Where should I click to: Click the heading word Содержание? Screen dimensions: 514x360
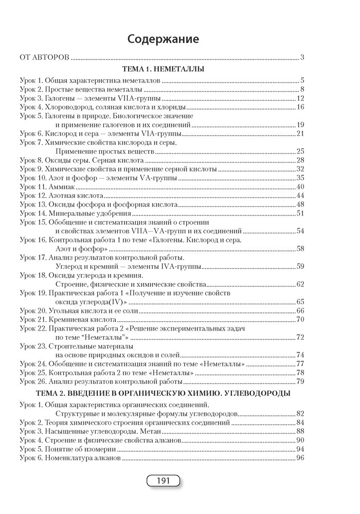tap(163, 39)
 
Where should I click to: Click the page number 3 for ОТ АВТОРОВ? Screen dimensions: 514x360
tap(303, 57)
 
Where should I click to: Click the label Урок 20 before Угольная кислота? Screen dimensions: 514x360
tap(32, 311)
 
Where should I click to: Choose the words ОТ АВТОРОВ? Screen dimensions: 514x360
tap(44, 57)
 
